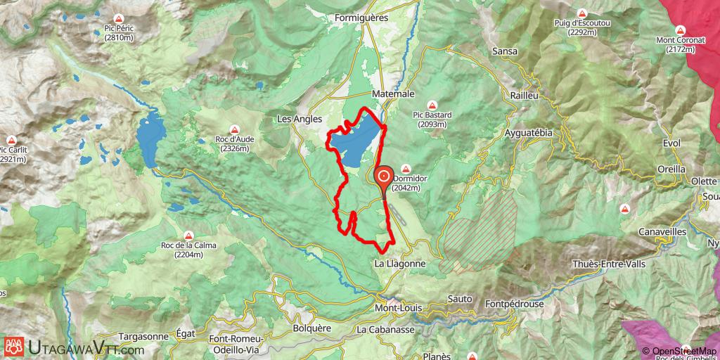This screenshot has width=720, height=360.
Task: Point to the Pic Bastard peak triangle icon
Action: [x=432, y=105]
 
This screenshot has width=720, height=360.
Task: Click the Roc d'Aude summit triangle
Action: [x=235, y=129]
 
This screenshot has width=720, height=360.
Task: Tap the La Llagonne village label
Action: [x=399, y=264]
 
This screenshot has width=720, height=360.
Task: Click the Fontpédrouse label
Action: [x=513, y=304]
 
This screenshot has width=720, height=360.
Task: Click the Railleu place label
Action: [x=525, y=95]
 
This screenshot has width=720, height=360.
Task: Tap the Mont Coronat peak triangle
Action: [x=681, y=30]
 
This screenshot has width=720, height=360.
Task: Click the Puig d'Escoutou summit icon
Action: [x=582, y=13]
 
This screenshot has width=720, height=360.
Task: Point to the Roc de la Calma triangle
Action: [x=188, y=236]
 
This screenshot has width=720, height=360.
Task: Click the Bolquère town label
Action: [x=311, y=328]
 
